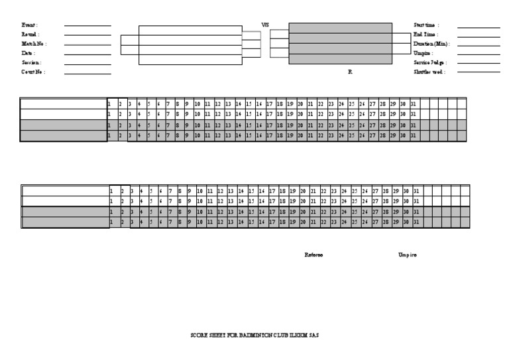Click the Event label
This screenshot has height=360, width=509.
(x=28, y=25)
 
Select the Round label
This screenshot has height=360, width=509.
(x=30, y=34)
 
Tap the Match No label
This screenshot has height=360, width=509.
(x=33, y=44)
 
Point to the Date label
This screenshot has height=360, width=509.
(x=27, y=53)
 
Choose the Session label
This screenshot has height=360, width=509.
(x=31, y=62)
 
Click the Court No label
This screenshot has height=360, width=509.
(x=33, y=72)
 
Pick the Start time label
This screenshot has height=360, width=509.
(x=426, y=25)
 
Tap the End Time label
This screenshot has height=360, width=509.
(x=425, y=34)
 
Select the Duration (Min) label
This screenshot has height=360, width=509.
(x=431, y=44)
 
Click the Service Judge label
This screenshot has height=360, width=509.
(x=430, y=62)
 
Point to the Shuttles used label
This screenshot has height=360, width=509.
(x=429, y=72)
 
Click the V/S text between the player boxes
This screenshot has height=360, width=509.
(x=265, y=25)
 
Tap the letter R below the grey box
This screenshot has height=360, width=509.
(x=350, y=72)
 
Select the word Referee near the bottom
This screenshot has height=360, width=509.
(x=313, y=255)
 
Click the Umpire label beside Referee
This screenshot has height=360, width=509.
(x=408, y=255)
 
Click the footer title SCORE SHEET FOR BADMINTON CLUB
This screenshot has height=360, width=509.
(x=254, y=336)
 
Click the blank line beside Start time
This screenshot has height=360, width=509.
(x=479, y=27)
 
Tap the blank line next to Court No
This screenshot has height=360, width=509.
(x=87, y=74)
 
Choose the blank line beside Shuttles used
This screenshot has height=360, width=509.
(x=479, y=74)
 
